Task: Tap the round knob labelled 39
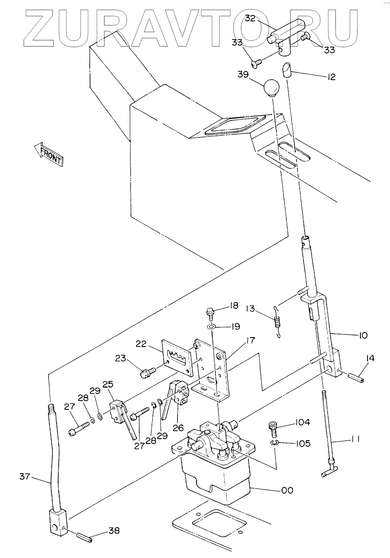pyautogui.click(x=271, y=88)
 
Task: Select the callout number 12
pyautogui.click(x=331, y=77)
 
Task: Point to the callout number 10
pyautogui.click(x=363, y=335)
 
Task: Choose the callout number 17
pyautogui.click(x=250, y=340)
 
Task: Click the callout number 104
pyautogui.click(x=302, y=422)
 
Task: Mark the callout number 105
pyautogui.click(x=302, y=443)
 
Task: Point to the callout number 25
pyautogui.click(x=108, y=384)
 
